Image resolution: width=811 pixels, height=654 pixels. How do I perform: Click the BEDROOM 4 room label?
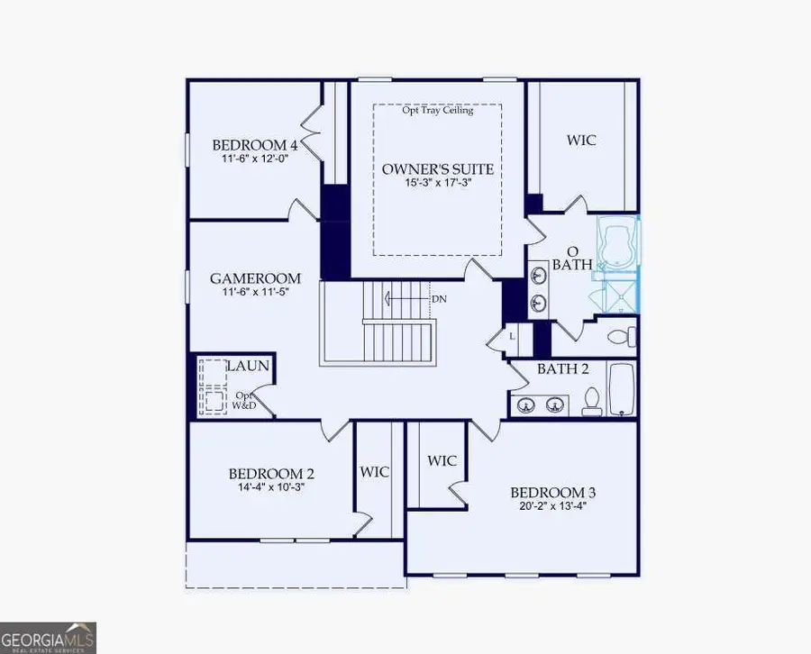click(x=255, y=145)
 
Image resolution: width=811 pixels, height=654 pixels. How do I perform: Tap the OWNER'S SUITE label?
click(x=437, y=168)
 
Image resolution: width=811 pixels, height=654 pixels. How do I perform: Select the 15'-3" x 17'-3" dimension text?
click(x=437, y=183)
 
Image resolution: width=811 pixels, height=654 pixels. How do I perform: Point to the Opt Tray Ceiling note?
click(x=438, y=110)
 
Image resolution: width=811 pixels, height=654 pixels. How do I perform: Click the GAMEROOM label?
click(x=255, y=278)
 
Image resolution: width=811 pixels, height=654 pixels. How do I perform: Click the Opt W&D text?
click(x=244, y=401)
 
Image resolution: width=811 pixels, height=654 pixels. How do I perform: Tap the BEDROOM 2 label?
click(x=271, y=474)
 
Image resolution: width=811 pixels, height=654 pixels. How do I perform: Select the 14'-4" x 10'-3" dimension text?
click(x=271, y=487)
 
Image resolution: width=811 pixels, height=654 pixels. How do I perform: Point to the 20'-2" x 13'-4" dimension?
click(x=552, y=505)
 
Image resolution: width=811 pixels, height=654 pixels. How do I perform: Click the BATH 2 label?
click(x=562, y=369)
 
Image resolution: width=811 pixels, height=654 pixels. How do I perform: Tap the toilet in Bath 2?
click(x=592, y=401)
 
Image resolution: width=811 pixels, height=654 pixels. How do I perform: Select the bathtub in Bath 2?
click(x=623, y=388)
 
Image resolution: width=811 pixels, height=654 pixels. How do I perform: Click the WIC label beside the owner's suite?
click(x=581, y=141)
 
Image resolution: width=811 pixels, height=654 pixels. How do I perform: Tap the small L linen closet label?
click(x=511, y=336)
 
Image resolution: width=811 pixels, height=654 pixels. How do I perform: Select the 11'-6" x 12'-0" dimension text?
click(x=255, y=159)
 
